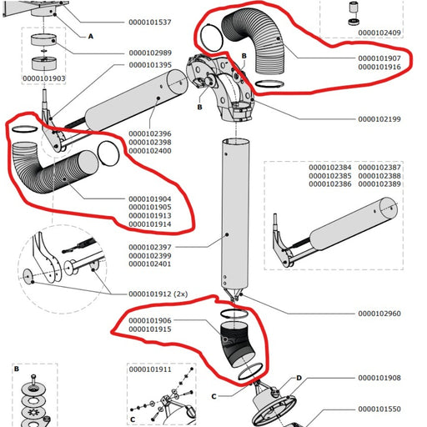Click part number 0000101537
151,22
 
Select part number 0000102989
151,53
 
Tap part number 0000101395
151,65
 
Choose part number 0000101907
379,58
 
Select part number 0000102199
379,119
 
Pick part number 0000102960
379,314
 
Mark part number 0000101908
379,378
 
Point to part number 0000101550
379,409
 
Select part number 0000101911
151,368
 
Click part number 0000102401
151,264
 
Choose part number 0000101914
151,224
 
